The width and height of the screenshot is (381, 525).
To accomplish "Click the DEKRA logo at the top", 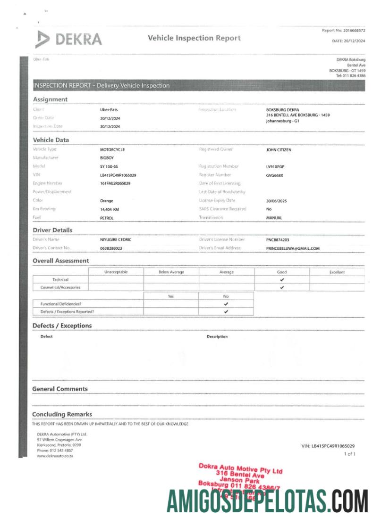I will click(68, 39).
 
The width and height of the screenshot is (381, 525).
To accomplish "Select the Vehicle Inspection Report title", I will click(194, 38).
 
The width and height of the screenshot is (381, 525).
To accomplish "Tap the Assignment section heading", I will click(50, 99).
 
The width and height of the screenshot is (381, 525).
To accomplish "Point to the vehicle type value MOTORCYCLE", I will click(112, 149).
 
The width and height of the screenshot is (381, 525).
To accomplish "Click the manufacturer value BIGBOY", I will click(107, 158).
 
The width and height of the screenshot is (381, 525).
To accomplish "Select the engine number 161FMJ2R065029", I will click(115, 183).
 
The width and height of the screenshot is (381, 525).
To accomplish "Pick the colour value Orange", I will click(107, 201).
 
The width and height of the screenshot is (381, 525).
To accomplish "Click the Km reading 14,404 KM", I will click(110, 209).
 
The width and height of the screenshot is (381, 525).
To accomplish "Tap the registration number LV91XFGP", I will click(276, 166).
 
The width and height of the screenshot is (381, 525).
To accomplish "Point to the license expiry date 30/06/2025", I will click(277, 201).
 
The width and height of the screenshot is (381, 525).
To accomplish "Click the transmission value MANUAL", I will click(274, 218).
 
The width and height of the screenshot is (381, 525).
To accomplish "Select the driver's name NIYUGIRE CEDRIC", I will click(116, 239).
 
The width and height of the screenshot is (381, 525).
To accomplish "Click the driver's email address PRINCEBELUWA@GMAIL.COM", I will click(293, 248).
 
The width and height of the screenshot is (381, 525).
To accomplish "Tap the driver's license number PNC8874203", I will click(279, 239).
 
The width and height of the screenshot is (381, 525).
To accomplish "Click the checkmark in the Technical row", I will click(282, 279).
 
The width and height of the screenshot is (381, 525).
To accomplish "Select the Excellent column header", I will click(337, 272).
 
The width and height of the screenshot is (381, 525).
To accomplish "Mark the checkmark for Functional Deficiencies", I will click(226, 304).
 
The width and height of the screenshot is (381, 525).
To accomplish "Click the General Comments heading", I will click(60, 389).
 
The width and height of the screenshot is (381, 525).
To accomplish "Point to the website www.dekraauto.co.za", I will click(55, 456).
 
